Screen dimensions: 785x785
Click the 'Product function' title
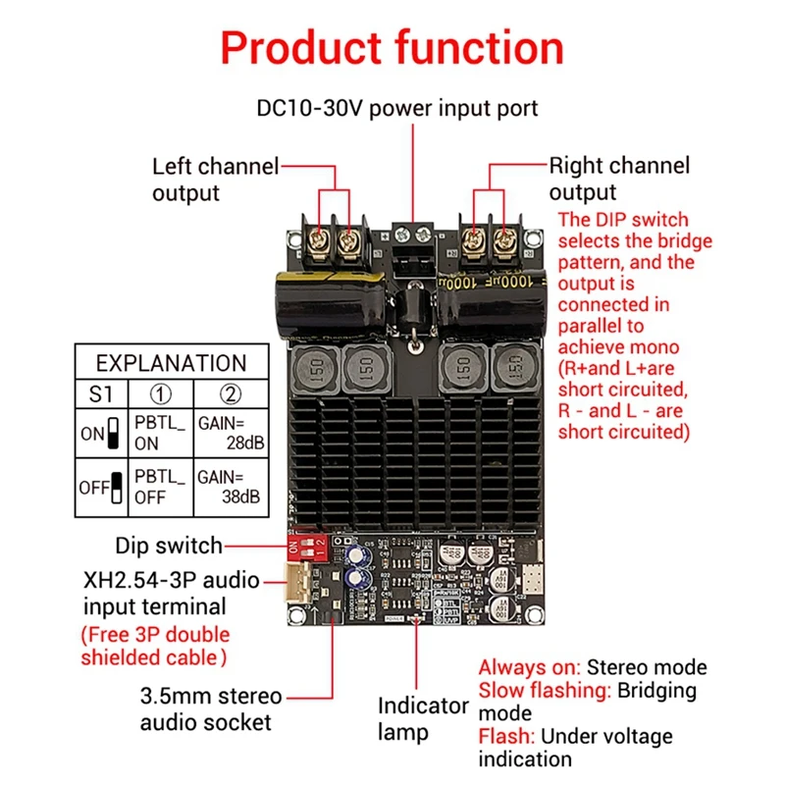(x=392, y=47)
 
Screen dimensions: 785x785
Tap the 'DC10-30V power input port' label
(x=397, y=107)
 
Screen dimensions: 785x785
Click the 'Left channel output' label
(x=216, y=179)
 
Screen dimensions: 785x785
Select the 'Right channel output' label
(x=618, y=179)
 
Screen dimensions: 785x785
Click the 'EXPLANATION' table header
(x=171, y=363)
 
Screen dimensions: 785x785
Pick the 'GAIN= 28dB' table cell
(x=231, y=433)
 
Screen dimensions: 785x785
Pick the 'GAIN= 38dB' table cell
(x=231, y=487)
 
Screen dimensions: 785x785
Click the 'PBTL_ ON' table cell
(x=160, y=433)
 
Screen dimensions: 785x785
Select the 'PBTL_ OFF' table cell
(x=160, y=487)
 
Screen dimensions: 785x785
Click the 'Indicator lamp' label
(x=423, y=718)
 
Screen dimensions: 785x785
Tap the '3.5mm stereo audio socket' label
(x=210, y=708)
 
